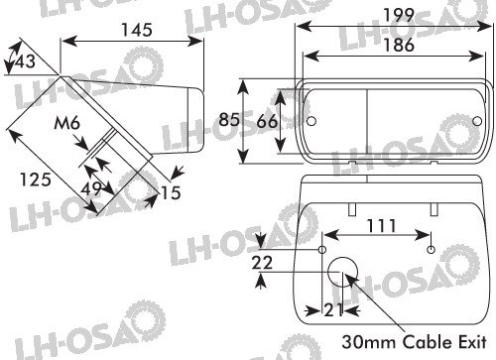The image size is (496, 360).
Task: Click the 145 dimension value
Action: click(137, 30)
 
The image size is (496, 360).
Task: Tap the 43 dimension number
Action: click(25, 61)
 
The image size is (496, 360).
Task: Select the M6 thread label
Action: click(67, 123)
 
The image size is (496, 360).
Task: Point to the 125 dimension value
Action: click(36, 180)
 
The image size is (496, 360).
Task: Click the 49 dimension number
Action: click(91, 188)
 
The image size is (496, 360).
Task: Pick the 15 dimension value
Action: click(171, 192)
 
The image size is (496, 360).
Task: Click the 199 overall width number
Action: click(399, 15)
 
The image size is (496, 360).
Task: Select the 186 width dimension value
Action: click(399, 45)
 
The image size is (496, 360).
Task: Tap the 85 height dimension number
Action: click(229, 119)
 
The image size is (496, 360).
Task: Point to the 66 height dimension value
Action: click(267, 121)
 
